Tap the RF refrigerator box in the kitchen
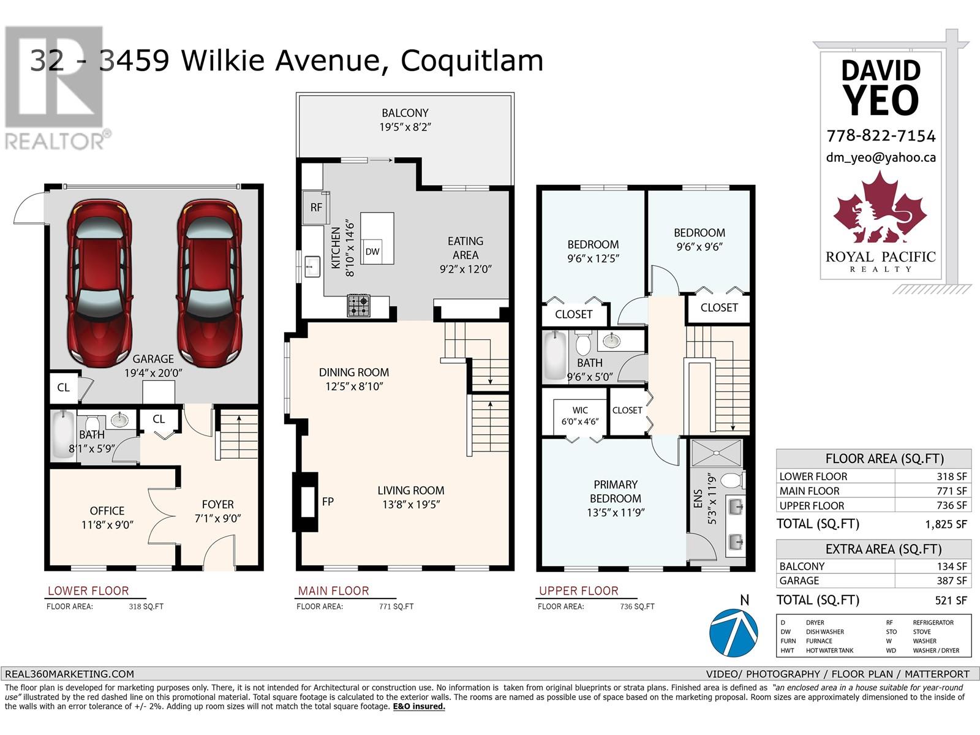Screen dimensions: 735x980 tap(316, 207)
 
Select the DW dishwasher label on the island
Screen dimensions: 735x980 tap(372, 251)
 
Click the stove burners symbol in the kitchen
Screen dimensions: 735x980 tap(359, 306)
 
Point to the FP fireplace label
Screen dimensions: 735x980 tap(328, 502)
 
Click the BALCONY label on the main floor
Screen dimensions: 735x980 tap(405, 113)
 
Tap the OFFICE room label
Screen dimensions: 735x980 tap(107, 510)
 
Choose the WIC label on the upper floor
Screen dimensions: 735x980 tap(580, 410)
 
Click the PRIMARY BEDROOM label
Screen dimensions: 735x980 tap(616, 491)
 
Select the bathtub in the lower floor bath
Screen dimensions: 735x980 tap(62, 434)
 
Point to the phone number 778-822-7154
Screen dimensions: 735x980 tap(881, 135)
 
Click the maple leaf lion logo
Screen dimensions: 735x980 tap(880, 211)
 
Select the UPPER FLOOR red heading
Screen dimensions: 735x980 tap(578, 590)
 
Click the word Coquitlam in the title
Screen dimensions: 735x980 tap(472, 61)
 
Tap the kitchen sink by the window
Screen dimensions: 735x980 tap(312, 266)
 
